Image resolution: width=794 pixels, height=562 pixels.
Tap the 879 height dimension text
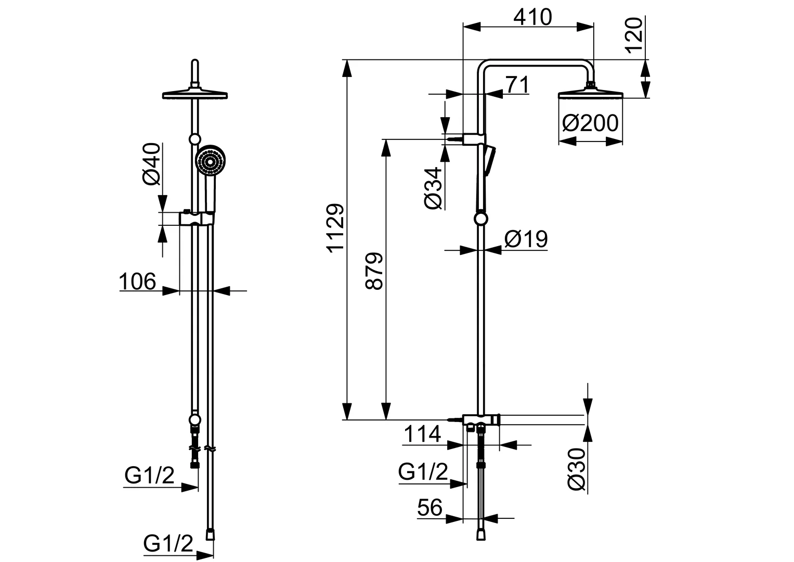click(x=374, y=271)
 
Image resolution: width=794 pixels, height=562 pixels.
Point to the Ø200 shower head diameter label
click(x=590, y=123)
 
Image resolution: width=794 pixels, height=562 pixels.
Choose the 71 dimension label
click(x=516, y=84)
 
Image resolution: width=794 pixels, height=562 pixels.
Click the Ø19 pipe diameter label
click(x=526, y=239)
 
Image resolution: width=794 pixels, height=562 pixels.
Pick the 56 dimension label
click(x=429, y=507)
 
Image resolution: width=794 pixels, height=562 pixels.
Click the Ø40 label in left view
click(x=150, y=163)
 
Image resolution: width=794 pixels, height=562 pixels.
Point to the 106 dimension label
click(x=137, y=282)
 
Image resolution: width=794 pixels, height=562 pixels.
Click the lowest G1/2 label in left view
click(x=168, y=544)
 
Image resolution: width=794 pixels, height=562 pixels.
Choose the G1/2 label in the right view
click(x=423, y=472)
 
